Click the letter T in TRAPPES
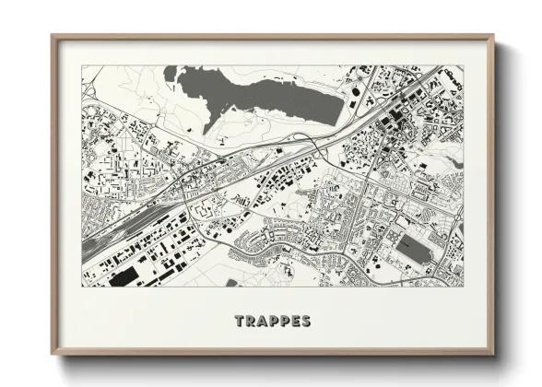click(239, 322)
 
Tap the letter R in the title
click(250, 322)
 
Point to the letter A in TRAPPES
click(262, 322)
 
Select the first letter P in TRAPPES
click(274, 322)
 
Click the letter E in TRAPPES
click(296, 322)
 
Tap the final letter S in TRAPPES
click(307, 322)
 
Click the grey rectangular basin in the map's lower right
click(415, 247)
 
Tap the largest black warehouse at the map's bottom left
click(123, 276)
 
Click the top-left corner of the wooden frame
click(53, 37)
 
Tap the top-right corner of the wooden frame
click(492, 37)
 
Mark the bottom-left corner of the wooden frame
click(53, 353)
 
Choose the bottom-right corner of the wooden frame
click(492, 353)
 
